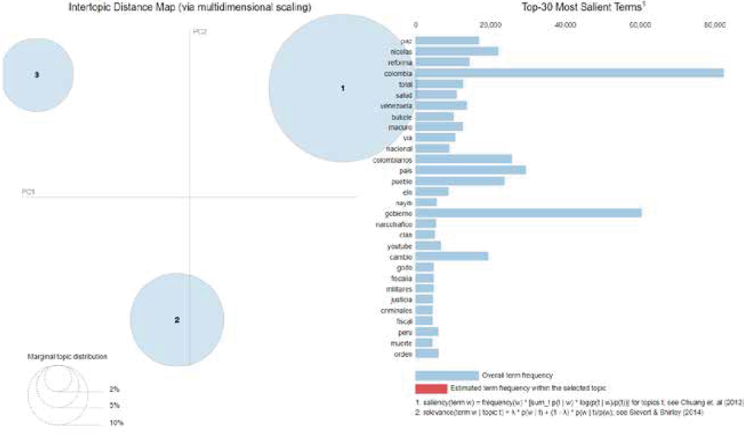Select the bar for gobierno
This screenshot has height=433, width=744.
(x=528, y=213)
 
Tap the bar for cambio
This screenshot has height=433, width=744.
(x=452, y=256)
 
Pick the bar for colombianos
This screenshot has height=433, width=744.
(x=463, y=160)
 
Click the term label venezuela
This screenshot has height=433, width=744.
(x=396, y=106)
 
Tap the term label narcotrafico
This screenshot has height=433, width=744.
(x=394, y=224)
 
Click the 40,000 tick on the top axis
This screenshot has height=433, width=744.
(x=565, y=25)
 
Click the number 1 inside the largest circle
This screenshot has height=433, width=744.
(x=343, y=88)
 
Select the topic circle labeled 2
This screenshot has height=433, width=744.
(x=177, y=320)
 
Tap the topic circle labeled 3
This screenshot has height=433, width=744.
(x=37, y=75)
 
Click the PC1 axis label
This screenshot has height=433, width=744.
(x=29, y=191)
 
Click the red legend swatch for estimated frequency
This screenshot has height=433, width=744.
(x=430, y=388)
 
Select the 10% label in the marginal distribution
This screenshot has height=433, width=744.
(x=116, y=422)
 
